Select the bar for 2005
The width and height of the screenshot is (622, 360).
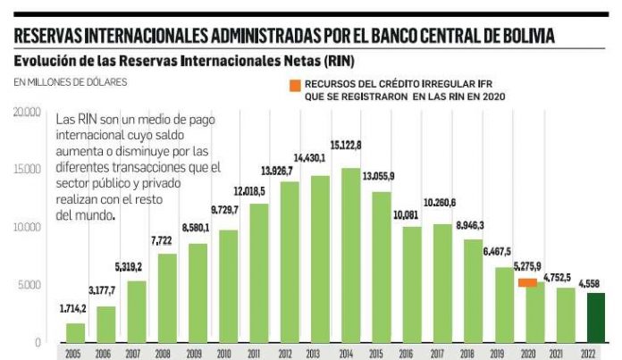(76, 332)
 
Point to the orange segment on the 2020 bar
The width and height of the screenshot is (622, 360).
(527, 282)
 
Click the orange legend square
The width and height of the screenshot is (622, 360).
(294, 85)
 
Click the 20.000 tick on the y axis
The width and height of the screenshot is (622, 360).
(27, 112)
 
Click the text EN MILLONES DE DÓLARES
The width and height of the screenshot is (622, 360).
(70, 82)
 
